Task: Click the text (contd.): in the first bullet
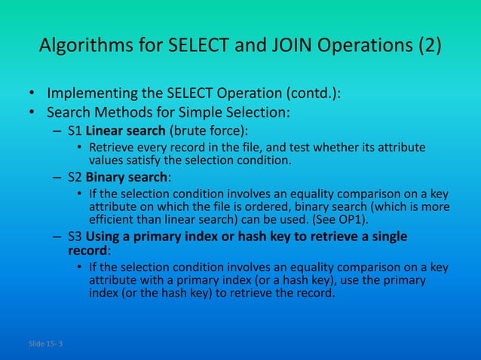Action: point(311,96)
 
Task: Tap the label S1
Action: point(75,130)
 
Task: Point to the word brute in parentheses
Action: point(185,130)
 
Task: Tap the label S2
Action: point(75,177)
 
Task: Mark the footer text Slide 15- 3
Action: point(45,345)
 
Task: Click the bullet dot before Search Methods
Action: point(32,114)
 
